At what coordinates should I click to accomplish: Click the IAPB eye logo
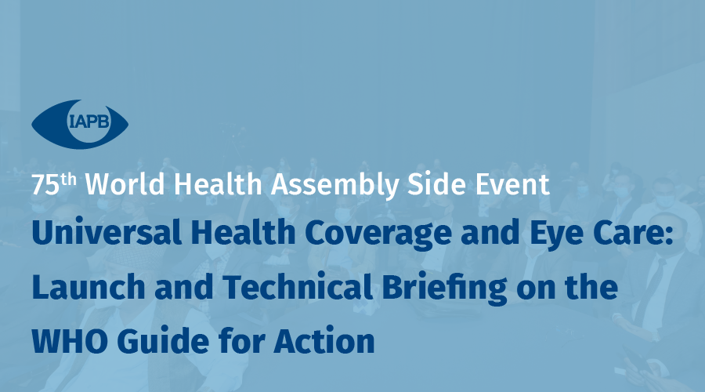pos(80,124)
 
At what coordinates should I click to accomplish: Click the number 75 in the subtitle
pos(45,184)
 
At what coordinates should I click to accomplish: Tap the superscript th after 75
pos(68,179)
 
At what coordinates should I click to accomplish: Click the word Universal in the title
pos(107,232)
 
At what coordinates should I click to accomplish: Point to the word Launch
pos(89,287)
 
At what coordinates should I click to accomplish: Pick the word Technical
pos(298,286)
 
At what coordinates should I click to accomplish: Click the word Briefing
pos(444,288)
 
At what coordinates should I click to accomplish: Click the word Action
pos(324,340)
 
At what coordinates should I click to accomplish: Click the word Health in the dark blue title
pos(243,231)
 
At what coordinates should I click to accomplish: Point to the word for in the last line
pos(241,340)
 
